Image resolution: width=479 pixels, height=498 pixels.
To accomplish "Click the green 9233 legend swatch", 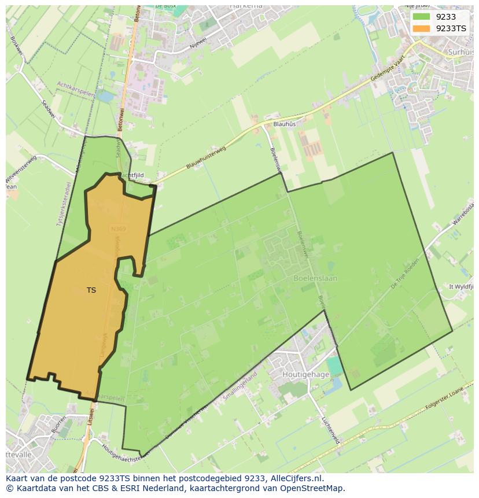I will coord(421,17).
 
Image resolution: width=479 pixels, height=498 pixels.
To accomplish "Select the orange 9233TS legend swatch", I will coord(421,28).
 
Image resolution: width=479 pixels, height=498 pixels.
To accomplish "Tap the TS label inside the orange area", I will coord(91,290).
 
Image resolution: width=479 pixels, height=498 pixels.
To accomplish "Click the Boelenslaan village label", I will coord(315,278).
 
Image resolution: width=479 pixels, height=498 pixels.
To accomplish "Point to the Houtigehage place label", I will coord(305,374).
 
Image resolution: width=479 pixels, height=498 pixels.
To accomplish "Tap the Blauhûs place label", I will coord(284,124).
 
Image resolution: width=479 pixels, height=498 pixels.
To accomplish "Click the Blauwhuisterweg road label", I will coord(206,157).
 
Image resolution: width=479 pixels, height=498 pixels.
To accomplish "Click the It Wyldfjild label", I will coord(461,286).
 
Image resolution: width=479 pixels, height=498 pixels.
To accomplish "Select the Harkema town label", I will coord(246,5).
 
